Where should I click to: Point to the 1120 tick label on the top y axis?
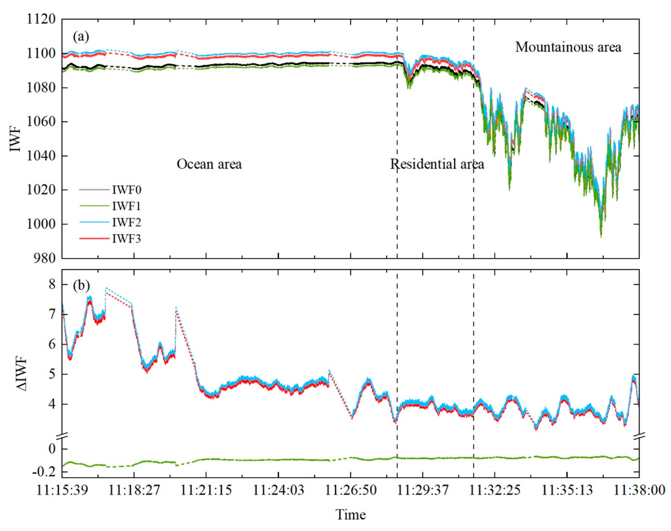click(41, 19)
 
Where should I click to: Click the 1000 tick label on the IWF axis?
click(41, 224)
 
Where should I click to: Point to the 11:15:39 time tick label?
click(62, 490)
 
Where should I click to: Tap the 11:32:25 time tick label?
click(495, 490)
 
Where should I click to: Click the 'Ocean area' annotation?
click(209, 164)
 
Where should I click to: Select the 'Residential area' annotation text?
click(437, 164)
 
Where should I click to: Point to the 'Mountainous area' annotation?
click(568, 47)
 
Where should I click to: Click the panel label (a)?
click(81, 37)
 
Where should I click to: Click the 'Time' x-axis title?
click(350, 514)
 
